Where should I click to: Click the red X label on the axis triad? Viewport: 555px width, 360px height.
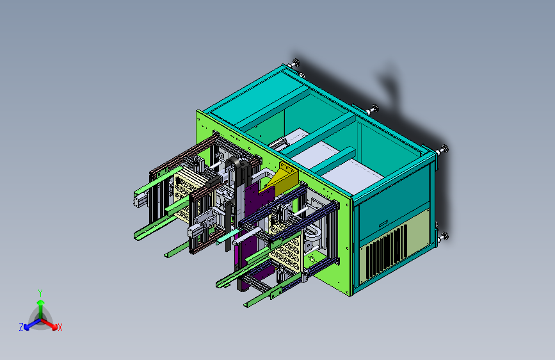[x=60, y=328]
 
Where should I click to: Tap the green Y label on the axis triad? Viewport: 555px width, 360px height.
[x=40, y=293]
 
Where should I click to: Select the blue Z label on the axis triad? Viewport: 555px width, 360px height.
[x=21, y=327]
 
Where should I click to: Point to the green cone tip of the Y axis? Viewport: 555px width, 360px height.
[x=41, y=302]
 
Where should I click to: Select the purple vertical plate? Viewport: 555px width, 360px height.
[x=255, y=231]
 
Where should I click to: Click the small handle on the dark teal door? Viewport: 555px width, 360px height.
[x=383, y=224]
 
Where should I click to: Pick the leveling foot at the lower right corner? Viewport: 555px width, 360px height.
[x=444, y=236]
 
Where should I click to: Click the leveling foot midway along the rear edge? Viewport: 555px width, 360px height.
[x=373, y=110]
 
